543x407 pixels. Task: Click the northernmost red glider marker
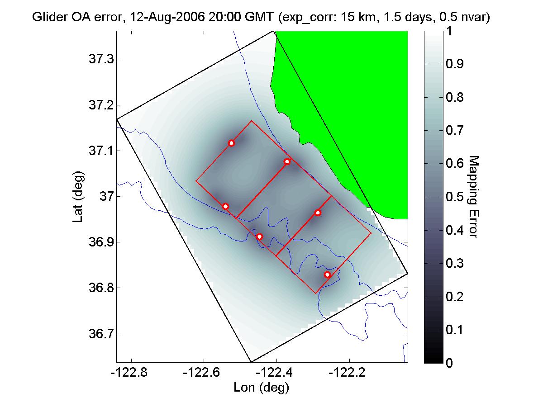coord(231,143)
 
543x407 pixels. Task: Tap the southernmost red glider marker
coord(327,274)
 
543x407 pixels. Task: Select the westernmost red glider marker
coord(225,206)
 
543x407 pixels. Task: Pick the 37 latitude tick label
coord(103,197)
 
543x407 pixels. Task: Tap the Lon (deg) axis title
coord(261,388)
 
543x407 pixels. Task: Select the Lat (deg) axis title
coord(77,197)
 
